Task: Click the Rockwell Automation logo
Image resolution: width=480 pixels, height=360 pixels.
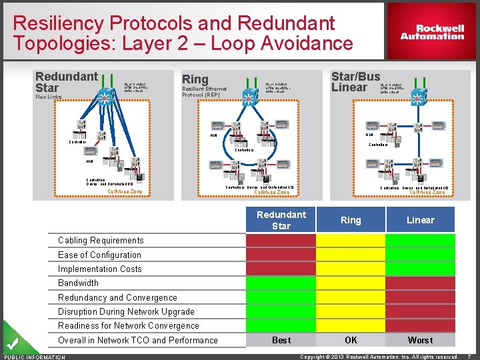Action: [432, 32]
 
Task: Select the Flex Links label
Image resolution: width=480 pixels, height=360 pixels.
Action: [48, 97]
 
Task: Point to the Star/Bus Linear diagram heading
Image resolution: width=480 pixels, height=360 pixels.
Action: [355, 81]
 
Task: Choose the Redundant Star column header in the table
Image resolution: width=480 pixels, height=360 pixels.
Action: [281, 220]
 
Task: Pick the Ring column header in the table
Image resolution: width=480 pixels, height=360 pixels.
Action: [351, 220]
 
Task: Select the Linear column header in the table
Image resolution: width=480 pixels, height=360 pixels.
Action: [420, 220]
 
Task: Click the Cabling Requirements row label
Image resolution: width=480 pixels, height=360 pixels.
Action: [101, 241]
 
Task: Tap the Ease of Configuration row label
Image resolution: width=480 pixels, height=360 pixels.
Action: [99, 255]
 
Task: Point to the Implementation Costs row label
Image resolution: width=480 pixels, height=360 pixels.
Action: [100, 269]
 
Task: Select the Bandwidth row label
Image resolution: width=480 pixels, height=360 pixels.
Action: [78, 283]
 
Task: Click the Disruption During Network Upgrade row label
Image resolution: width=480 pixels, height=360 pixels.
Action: [126, 312]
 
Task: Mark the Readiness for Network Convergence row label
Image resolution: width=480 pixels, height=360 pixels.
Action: [129, 326]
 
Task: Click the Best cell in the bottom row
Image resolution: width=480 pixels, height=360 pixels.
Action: [281, 340]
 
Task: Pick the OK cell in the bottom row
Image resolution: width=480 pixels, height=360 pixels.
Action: [351, 340]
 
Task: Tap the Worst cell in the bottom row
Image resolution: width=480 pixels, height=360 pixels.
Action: [420, 340]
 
